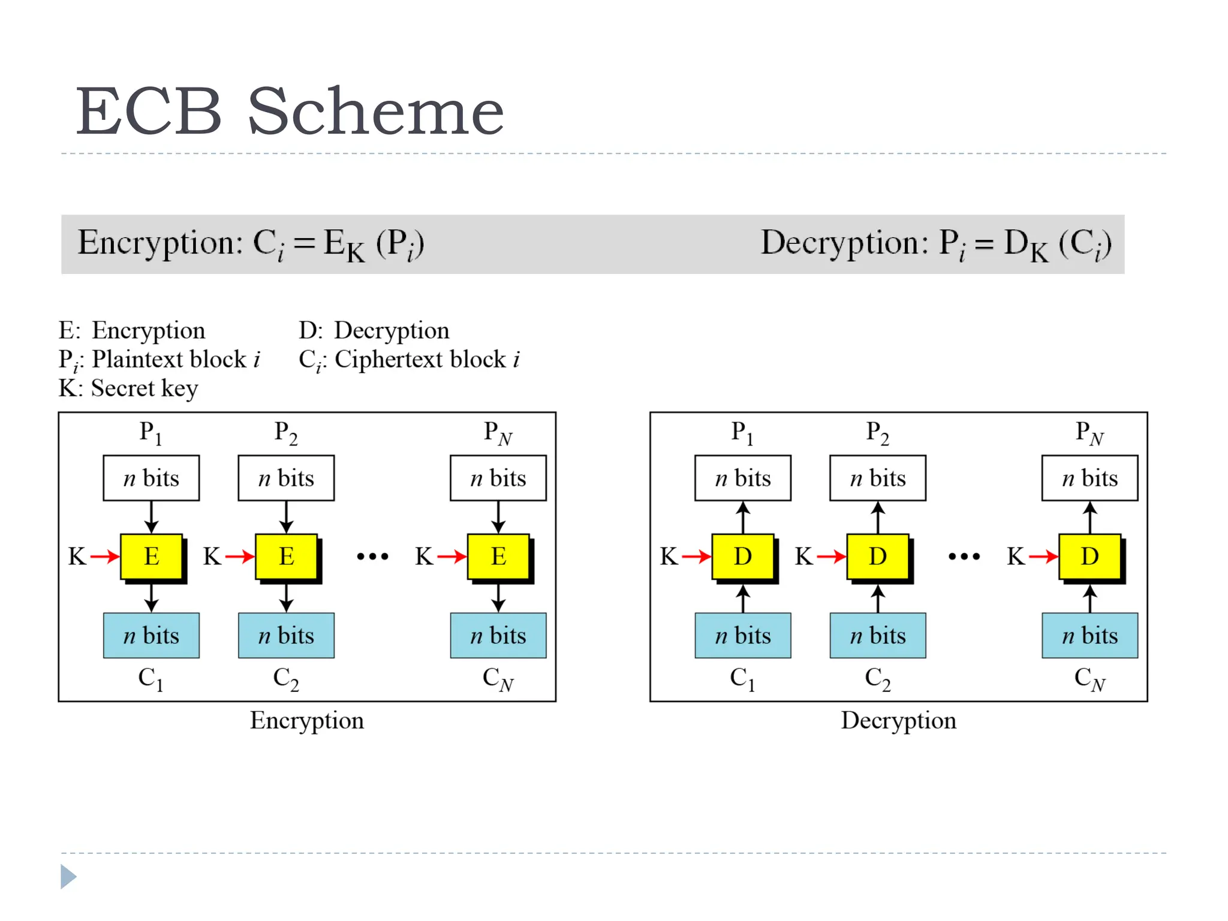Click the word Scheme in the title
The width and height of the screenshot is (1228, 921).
tap(375, 112)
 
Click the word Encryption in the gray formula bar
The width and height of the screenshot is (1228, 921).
tap(159, 243)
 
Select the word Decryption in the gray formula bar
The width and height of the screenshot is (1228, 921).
tap(844, 243)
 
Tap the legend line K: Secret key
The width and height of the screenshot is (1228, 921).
tap(128, 389)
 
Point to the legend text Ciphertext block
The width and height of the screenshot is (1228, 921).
tap(420, 359)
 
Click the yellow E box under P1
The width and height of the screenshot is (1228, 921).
tap(152, 556)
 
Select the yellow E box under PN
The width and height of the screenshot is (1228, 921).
tap(498, 556)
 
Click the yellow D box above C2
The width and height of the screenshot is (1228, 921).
tap(877, 556)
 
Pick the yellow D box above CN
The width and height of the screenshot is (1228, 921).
tap(1089, 556)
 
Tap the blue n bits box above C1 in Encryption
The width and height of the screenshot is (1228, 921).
tap(151, 636)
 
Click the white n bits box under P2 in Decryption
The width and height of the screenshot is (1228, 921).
tap(877, 478)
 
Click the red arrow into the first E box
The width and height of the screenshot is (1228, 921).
tap(105, 557)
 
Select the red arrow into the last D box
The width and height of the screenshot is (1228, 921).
tap(1043, 557)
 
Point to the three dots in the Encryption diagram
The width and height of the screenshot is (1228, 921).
tap(372, 557)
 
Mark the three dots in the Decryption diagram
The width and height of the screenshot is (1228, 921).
tap(964, 557)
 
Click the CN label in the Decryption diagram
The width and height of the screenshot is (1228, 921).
tap(1089, 679)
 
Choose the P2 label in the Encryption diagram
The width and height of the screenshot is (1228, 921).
tap(285, 433)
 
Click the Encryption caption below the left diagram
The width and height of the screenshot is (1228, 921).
tap(306, 721)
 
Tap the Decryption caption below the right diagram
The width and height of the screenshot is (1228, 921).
tap(898, 721)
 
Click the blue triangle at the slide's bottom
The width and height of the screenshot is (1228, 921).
tap(68, 877)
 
